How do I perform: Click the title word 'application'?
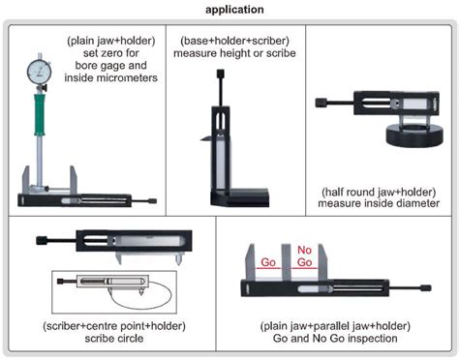click(229, 9)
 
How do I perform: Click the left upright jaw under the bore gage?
click(27, 181)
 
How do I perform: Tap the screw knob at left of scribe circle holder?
click(40, 238)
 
